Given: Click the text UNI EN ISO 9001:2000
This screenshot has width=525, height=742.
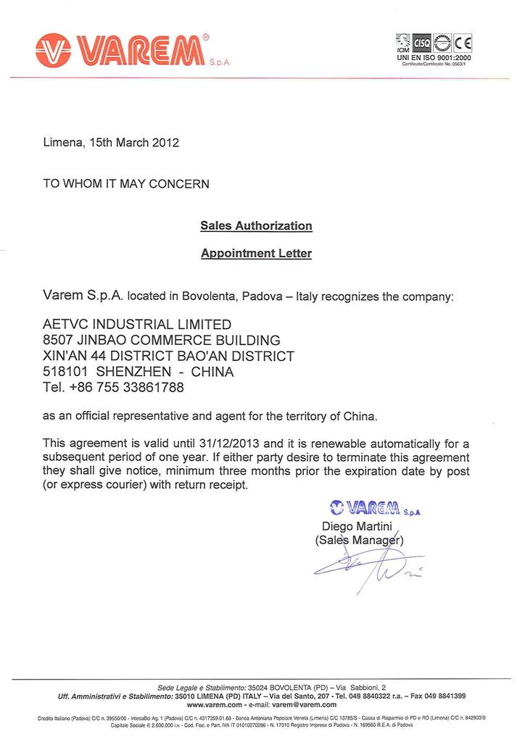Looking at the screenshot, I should point(434,57).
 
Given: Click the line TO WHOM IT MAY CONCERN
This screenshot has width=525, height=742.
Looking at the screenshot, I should point(126,184).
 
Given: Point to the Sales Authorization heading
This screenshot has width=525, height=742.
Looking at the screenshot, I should point(256,226).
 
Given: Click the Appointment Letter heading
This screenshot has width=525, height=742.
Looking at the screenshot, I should point(256,254).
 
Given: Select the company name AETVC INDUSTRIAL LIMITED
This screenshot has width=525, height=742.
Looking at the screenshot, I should point(138,324).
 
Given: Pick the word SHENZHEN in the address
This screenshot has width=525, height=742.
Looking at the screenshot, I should point(134,372).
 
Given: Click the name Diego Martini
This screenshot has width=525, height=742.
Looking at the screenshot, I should point(357,526).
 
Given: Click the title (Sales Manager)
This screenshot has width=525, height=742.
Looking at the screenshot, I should point(359,540).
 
